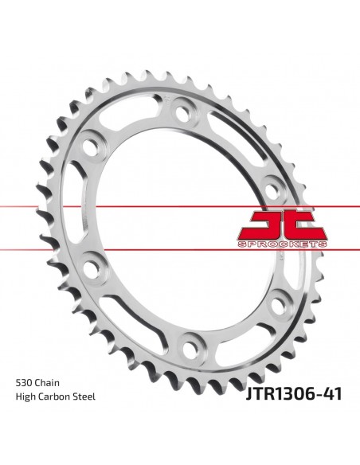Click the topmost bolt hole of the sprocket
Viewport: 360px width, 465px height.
182,113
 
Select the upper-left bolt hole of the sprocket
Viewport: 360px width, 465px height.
89,147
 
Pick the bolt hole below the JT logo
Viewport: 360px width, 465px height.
278,303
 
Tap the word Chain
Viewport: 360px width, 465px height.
47,383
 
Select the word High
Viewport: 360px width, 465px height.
25,397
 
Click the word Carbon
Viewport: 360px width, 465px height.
56,397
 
